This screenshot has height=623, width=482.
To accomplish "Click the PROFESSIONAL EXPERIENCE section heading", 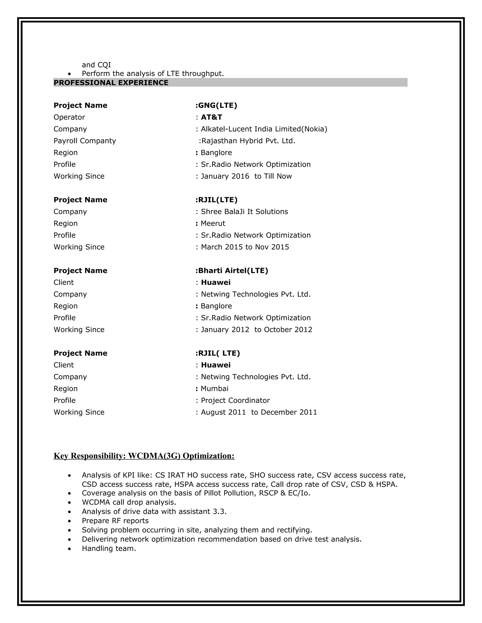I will coord(111,83).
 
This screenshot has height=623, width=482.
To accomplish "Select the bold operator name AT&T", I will coord(211,117).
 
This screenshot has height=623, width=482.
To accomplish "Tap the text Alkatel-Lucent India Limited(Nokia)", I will coord(264,129).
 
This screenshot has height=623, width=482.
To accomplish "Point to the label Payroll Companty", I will coord(84,141).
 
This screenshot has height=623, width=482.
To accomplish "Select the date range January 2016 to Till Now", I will coord(246,176).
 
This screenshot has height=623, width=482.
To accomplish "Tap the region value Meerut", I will coord(213,223).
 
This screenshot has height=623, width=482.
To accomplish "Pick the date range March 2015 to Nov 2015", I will coord(245,247).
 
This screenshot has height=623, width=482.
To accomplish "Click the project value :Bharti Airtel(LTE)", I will coord(232,271).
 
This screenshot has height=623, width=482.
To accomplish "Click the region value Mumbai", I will coord(214,389).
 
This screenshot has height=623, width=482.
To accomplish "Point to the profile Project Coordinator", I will coord(235,401).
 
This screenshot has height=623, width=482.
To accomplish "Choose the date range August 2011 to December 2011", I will coord(259,413).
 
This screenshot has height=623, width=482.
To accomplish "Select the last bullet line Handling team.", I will coord(109,548).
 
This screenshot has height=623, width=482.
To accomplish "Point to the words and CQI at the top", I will coord(96,65).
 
